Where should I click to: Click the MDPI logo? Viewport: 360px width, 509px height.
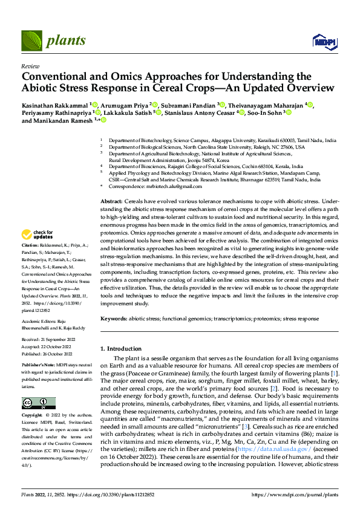[x=324, y=41]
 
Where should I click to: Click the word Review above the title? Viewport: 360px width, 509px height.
[x=30, y=66]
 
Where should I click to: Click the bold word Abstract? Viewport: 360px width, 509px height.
[x=111, y=201]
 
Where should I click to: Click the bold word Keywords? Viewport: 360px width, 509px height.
[x=114, y=317]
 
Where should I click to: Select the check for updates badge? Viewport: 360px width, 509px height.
[x=38, y=235]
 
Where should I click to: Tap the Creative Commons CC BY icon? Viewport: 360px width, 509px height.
[x=38, y=403]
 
